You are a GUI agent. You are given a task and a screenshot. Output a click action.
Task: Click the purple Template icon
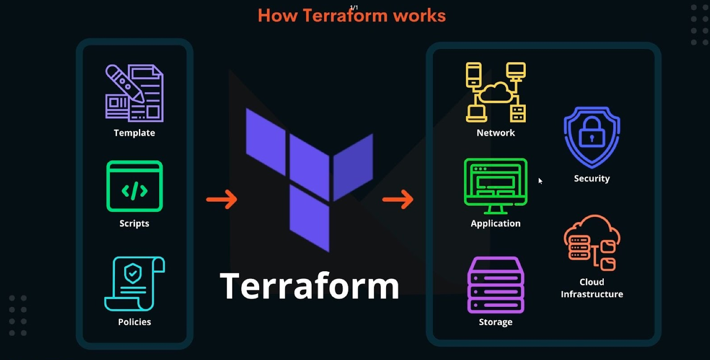(134, 93)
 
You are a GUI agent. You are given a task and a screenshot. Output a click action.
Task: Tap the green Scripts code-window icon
(135, 186)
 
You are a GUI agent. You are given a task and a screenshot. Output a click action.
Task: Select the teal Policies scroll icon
(135, 283)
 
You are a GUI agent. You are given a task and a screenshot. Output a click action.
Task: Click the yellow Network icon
(496, 92)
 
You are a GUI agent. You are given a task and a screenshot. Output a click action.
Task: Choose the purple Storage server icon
(496, 285)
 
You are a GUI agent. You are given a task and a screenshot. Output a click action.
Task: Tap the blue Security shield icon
(592, 137)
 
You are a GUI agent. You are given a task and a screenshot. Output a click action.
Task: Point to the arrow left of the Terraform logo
(222, 199)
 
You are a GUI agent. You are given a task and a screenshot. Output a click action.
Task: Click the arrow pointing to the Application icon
(398, 199)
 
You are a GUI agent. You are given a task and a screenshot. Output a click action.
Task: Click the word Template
(134, 133)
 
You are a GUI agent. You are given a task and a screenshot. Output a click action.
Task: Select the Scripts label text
(134, 223)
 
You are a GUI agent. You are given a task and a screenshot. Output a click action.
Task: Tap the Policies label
(135, 322)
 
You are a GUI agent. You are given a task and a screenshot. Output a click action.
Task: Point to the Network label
(496, 133)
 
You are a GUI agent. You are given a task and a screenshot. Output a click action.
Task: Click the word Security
(592, 178)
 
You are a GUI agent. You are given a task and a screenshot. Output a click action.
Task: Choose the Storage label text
(496, 322)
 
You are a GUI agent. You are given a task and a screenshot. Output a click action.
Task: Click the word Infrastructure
(592, 294)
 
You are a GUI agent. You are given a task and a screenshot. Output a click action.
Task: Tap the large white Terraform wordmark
(310, 286)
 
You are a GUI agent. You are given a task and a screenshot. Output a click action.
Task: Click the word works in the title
(419, 16)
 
